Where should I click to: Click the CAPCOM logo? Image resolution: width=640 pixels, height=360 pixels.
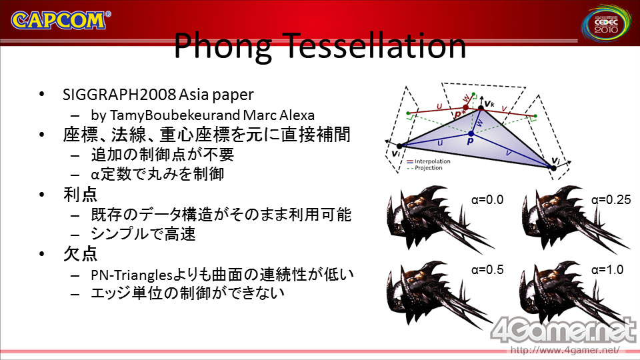click(x=61, y=21)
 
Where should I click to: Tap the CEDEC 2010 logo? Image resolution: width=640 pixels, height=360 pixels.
click(x=606, y=24)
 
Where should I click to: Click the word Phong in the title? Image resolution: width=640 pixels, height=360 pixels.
click(x=223, y=47)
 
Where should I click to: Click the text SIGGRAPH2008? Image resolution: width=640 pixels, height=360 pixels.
click(x=119, y=95)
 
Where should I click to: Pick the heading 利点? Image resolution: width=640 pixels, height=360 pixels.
click(x=81, y=194)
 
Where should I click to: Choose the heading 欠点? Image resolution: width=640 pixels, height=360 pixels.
click(x=81, y=254)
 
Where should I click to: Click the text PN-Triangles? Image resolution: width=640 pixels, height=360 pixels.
click(x=132, y=275)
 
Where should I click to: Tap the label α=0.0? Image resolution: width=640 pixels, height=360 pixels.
click(x=487, y=199)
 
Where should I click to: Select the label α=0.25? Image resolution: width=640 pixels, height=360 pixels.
click(x=611, y=199)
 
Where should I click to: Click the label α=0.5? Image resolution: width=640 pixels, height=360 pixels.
click(x=487, y=270)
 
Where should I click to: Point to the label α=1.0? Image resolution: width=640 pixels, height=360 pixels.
click(x=607, y=270)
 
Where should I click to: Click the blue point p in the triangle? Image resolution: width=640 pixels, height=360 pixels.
click(x=471, y=133)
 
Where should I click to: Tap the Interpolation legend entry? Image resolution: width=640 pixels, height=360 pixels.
click(x=429, y=161)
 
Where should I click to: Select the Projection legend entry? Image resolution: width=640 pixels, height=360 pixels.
click(x=425, y=168)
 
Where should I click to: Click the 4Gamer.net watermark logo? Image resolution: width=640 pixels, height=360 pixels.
click(x=564, y=330)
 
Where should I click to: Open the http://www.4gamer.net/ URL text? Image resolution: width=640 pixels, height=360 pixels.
click(x=565, y=350)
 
